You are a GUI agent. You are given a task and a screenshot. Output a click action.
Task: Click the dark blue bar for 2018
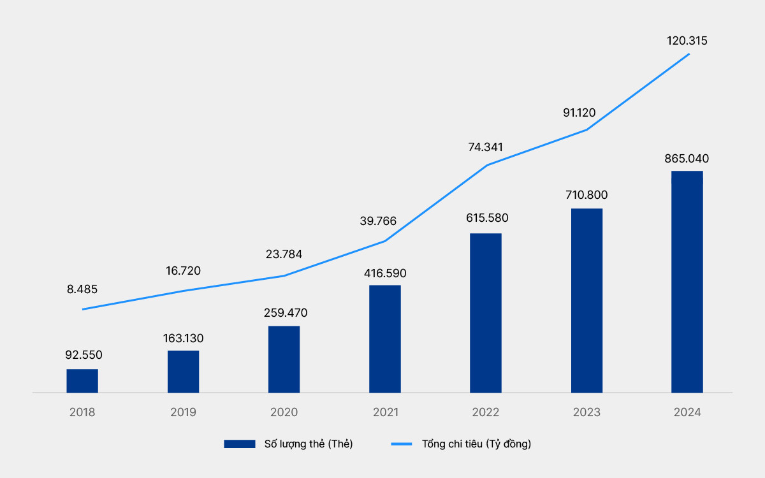pyautogui.click(x=82, y=380)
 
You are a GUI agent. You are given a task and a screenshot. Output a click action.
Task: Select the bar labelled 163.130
pyautogui.click(x=183, y=372)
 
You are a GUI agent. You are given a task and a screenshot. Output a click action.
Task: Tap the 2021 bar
pyautogui.click(x=385, y=338)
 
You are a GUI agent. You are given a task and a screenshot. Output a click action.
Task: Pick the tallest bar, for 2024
pyautogui.click(x=687, y=282)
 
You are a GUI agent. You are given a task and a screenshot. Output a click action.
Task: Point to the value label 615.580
pyautogui.click(x=486, y=218)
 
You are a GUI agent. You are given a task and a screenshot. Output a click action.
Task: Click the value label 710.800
pyautogui.click(x=586, y=194)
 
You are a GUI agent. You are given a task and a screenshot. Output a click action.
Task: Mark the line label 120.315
pyautogui.click(x=687, y=41)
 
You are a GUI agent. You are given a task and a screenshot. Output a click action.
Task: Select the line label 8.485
pyautogui.click(x=82, y=289)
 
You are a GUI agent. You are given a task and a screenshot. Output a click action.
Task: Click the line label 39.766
pyautogui.click(x=377, y=221)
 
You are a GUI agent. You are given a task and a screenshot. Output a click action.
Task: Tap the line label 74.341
pyautogui.click(x=485, y=147)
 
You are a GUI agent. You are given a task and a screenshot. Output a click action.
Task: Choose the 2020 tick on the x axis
pyautogui.click(x=284, y=412)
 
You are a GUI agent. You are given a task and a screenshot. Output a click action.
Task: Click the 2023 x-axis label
pyautogui.click(x=586, y=412)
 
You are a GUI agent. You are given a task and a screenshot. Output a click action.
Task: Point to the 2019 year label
pyautogui.click(x=183, y=412)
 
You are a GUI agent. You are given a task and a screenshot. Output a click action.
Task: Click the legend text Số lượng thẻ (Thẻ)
pyautogui.click(x=309, y=444)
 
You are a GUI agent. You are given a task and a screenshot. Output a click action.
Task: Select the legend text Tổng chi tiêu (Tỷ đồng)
pyautogui.click(x=476, y=444)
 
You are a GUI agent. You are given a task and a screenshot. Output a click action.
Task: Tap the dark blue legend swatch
pyautogui.click(x=240, y=444)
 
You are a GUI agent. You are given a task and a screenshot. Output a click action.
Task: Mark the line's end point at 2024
pyautogui.click(x=689, y=54)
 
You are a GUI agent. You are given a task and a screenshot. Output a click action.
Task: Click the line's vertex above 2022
pyautogui.click(x=486, y=166)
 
